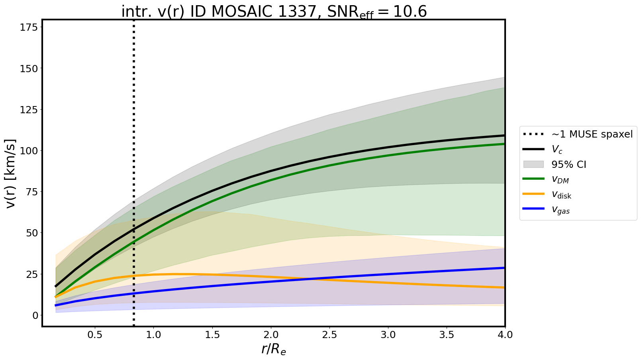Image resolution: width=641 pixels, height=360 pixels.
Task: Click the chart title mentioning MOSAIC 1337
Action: pyautogui.click(x=274, y=11)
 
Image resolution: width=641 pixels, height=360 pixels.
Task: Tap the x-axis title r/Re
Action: pyautogui.click(x=274, y=349)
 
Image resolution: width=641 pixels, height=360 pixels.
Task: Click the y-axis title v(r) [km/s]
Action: pyautogui.click(x=11, y=173)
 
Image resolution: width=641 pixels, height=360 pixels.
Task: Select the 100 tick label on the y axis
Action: pyautogui.click(x=29, y=151)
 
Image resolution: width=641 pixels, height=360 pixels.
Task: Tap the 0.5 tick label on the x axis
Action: pyautogui.click(x=95, y=335)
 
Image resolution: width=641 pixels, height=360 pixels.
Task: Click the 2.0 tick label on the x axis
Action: pyautogui.click(x=271, y=335)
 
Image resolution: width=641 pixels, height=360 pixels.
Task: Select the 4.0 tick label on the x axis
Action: pyautogui.click(x=505, y=335)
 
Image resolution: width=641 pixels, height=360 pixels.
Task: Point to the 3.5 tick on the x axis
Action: pyautogui.click(x=447, y=335)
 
